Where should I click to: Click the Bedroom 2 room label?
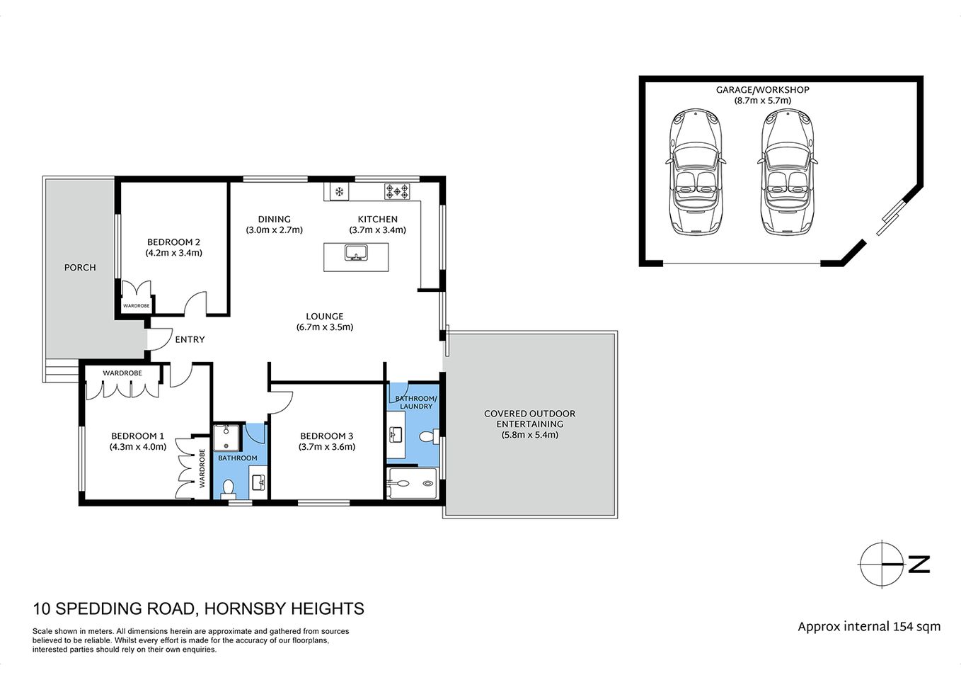[173, 242]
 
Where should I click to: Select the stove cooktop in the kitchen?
[397, 191]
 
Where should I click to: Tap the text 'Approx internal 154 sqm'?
[869, 626]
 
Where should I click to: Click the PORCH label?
[80, 267]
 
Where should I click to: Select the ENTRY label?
[190, 339]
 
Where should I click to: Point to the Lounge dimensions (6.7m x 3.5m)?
[324, 327]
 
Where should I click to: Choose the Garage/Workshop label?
[762, 90]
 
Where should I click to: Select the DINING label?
[274, 219]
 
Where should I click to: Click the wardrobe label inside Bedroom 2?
[136, 306]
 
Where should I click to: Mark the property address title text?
[198, 608]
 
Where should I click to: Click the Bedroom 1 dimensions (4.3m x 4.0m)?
[137, 447]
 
